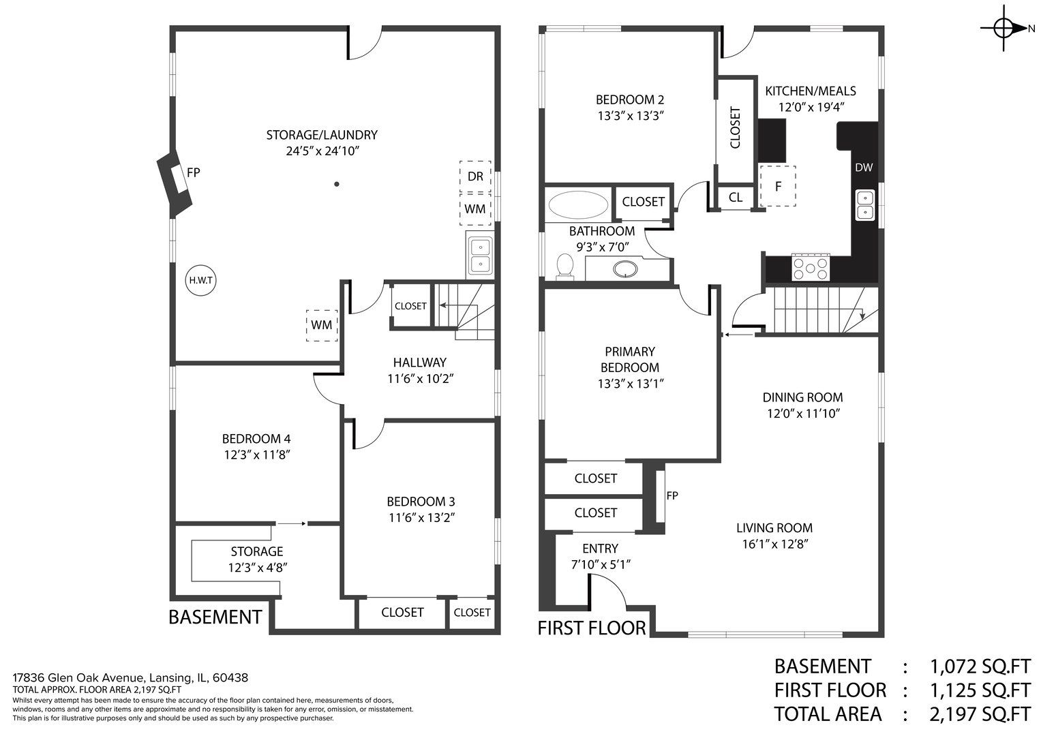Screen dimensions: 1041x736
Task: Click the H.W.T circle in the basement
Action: pos(200,281)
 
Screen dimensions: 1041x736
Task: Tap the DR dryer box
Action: pos(475,177)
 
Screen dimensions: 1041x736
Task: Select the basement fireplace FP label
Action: pos(194,172)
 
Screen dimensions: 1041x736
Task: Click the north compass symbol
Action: pos(1006,29)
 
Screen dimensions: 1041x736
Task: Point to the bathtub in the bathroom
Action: pos(578,205)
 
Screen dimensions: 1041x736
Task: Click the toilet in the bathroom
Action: pos(565,266)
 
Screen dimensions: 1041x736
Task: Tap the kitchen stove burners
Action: pos(811,268)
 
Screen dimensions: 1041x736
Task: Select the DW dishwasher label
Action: pos(864,168)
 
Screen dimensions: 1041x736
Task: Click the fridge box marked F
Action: pos(777,186)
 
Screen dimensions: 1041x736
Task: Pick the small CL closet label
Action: pos(735,198)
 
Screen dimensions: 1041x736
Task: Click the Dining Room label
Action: pos(802,397)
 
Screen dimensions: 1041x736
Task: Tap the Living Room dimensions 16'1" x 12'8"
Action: pos(775,544)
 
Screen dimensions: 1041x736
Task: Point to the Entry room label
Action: pos(600,549)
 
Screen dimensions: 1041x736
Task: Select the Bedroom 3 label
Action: pos(421,502)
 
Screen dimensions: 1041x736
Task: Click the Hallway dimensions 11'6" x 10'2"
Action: pos(421,379)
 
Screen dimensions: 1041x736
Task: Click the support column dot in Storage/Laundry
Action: pos(337,184)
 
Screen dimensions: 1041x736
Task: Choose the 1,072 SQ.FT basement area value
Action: pos(980,666)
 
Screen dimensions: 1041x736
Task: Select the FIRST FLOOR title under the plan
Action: pos(592,628)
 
